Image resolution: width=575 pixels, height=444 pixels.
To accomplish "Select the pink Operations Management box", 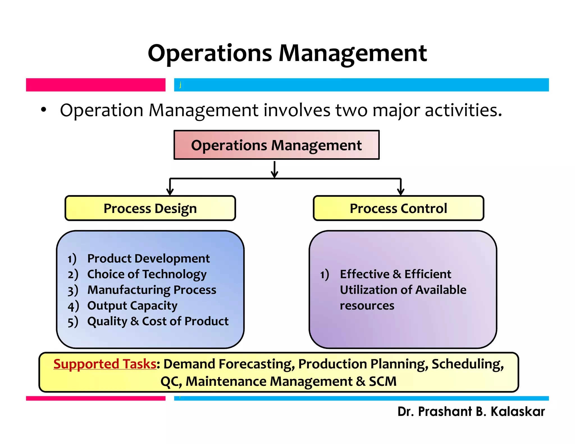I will click(x=276, y=145).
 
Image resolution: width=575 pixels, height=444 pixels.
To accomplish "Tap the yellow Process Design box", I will click(x=150, y=208).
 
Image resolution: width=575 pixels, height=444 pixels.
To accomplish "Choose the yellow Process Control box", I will click(x=398, y=208).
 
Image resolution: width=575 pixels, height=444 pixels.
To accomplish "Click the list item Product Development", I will click(x=148, y=258).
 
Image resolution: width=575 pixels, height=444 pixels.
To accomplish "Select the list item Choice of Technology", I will click(x=147, y=274).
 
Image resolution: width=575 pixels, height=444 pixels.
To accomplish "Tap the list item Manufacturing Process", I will click(x=152, y=290).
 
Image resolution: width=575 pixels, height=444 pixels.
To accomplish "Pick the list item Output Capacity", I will click(x=132, y=306).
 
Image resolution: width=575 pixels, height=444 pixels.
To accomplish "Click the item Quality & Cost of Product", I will click(x=158, y=321).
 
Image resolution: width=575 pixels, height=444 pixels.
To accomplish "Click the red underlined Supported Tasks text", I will click(x=105, y=364).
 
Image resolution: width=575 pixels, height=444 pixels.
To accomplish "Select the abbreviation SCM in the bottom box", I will click(x=382, y=381).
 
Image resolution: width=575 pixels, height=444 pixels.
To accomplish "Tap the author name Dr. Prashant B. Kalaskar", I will click(x=471, y=411).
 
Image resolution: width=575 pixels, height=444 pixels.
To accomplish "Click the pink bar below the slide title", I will click(x=95, y=85).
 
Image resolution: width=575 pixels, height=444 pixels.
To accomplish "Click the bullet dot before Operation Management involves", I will click(x=43, y=110).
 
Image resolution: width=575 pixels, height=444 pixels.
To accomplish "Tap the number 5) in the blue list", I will click(x=73, y=322).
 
